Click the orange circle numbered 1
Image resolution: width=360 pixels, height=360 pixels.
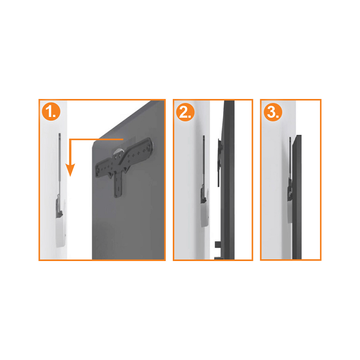(x=51, y=112)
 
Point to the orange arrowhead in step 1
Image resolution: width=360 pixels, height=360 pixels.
(x=69, y=170)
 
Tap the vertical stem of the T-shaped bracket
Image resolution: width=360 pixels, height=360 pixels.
(x=119, y=184)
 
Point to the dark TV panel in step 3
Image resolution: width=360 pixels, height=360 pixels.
(x=297, y=198)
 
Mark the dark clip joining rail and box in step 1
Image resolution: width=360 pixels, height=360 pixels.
(x=58, y=207)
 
